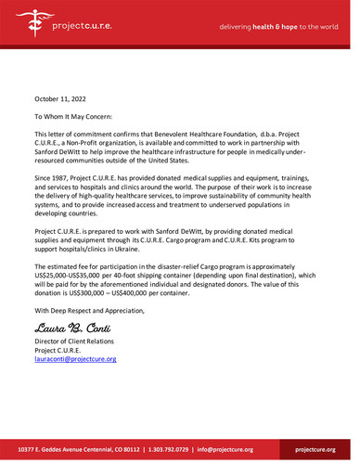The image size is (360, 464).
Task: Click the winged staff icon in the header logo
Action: (x=19, y=26)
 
